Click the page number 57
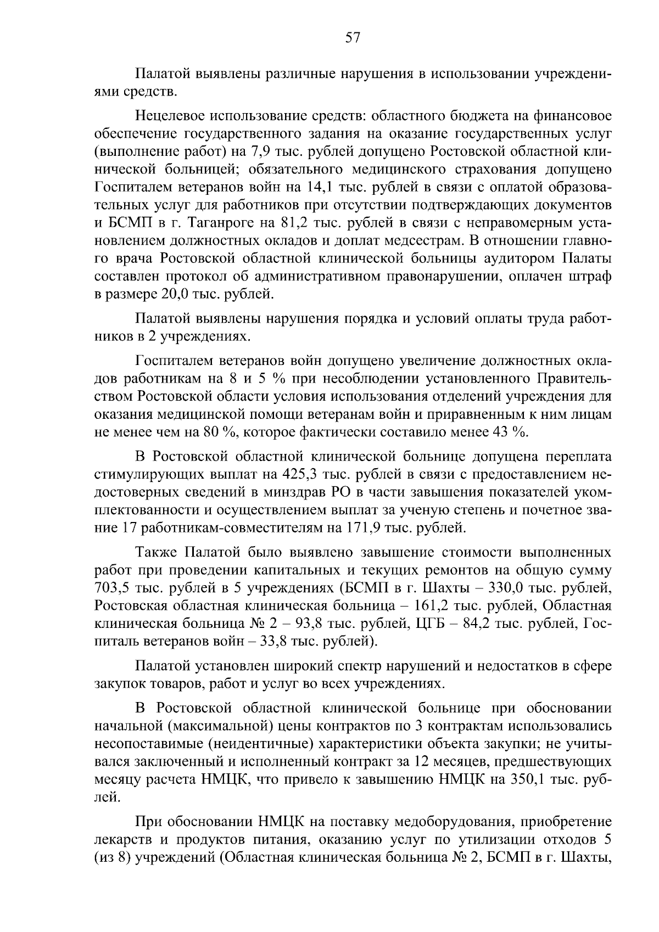coord(352,38)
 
